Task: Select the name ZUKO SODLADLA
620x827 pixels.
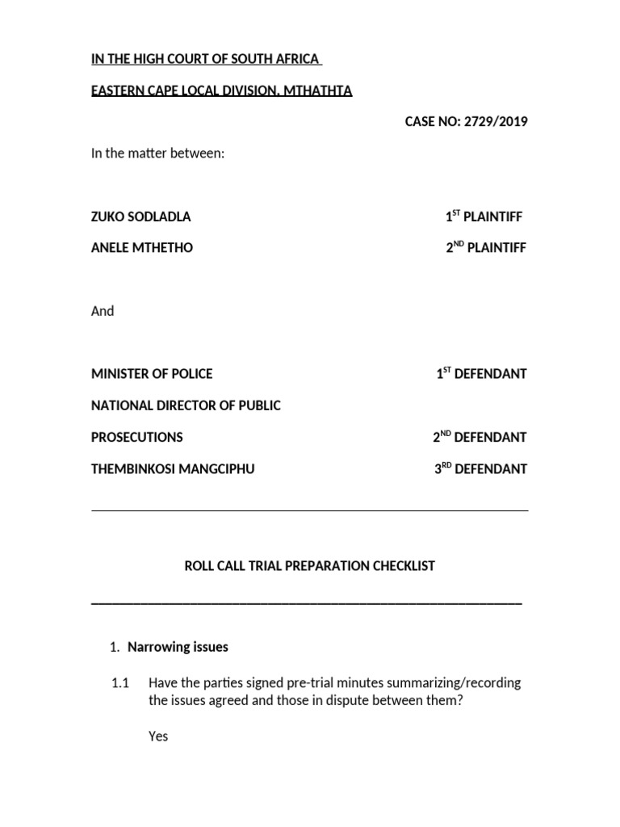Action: pyautogui.click(x=141, y=217)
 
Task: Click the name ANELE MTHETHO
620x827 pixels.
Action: pyautogui.click(x=142, y=248)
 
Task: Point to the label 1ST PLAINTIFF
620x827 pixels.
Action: pyautogui.click(x=484, y=217)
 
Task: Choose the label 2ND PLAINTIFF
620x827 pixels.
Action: pyautogui.click(x=486, y=248)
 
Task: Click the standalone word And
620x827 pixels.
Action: pyautogui.click(x=103, y=311)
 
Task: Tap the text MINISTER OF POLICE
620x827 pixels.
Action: pyautogui.click(x=152, y=374)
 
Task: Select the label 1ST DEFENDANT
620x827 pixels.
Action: pyautogui.click(x=482, y=374)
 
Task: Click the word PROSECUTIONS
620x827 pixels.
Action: pyautogui.click(x=137, y=437)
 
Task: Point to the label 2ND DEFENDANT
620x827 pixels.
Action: pyautogui.click(x=480, y=437)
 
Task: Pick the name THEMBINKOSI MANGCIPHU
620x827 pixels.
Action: pyautogui.click(x=173, y=468)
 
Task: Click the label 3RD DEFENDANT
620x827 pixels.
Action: pyautogui.click(x=481, y=468)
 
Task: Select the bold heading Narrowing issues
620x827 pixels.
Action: pyautogui.click(x=178, y=647)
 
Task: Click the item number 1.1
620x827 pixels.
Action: pyautogui.click(x=120, y=683)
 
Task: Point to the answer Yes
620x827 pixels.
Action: pyautogui.click(x=158, y=737)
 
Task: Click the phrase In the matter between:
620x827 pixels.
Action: pyautogui.click(x=157, y=153)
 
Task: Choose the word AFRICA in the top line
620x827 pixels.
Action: pyautogui.click(x=297, y=59)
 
